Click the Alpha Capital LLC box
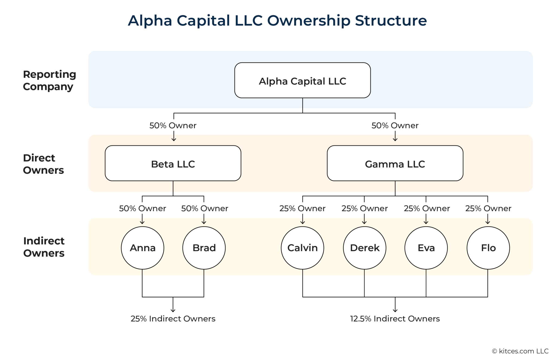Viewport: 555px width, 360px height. point(302,81)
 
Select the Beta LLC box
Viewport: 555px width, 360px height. point(173,163)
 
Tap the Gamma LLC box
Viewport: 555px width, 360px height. point(395,163)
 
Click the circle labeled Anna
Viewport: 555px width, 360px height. point(143,248)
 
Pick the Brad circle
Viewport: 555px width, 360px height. point(204,248)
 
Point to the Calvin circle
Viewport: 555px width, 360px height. point(302,248)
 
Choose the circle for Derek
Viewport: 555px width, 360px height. point(364,248)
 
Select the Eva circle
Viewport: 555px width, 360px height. point(426,248)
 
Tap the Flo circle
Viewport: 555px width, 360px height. point(488,248)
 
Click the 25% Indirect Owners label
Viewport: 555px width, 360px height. point(173,319)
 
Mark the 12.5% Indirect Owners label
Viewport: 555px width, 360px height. point(395,319)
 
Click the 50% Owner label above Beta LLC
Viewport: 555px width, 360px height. point(173,126)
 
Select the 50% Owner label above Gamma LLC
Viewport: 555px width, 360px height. point(395,126)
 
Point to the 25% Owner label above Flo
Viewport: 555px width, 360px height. point(488,208)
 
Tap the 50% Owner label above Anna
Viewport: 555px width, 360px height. point(143,208)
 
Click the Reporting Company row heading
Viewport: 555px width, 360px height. point(49,80)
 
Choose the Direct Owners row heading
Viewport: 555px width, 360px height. point(43,164)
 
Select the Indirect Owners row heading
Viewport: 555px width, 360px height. point(44,247)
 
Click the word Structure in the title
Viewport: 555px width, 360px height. point(391,21)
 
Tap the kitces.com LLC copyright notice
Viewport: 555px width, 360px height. point(520,351)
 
